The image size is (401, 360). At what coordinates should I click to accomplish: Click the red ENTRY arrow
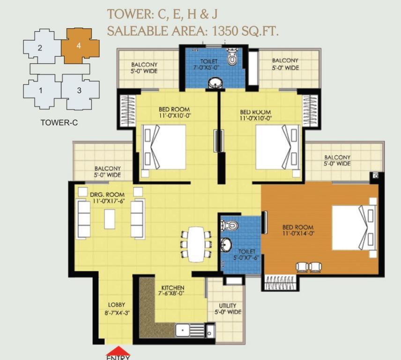pyautogui.click(x=119, y=351)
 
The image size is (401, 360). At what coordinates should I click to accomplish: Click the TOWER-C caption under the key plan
pyautogui.click(x=59, y=122)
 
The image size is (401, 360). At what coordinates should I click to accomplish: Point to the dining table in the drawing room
pyautogui.click(x=196, y=244)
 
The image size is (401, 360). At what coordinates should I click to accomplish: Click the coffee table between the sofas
pyautogui.click(x=110, y=219)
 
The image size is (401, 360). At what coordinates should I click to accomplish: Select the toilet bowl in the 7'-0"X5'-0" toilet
pyautogui.click(x=232, y=57)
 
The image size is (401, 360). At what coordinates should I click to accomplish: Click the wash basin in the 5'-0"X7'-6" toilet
pyautogui.click(x=226, y=244)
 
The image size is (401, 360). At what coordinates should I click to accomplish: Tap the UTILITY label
pyautogui.click(x=227, y=306)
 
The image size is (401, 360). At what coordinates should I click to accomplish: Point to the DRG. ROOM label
pyautogui.click(x=107, y=195)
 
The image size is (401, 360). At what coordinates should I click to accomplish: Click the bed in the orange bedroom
pyautogui.click(x=355, y=228)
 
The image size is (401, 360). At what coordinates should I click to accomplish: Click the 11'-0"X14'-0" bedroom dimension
pyautogui.click(x=298, y=233)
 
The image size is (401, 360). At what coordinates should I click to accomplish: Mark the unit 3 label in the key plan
pyautogui.click(x=79, y=90)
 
